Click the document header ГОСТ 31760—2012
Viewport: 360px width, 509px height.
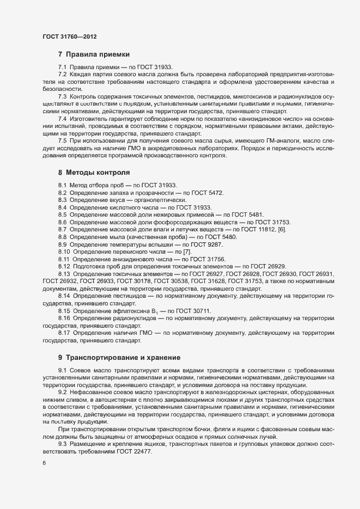click(70, 36)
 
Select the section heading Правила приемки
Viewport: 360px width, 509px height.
click(97, 54)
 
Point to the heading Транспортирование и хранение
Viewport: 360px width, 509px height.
click(123, 358)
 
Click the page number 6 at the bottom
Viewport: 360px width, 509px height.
click(45, 463)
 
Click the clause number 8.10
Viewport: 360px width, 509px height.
click(64, 252)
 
